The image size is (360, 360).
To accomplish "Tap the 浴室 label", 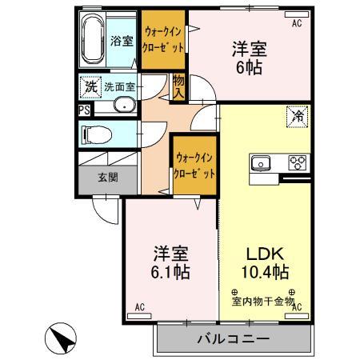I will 122,41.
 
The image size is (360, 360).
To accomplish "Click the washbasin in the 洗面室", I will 125,105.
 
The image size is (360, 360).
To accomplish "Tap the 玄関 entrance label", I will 108,177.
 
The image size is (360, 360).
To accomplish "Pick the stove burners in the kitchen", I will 297,162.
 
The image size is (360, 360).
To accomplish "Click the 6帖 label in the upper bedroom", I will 247,68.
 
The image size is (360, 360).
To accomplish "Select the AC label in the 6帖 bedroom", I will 296,24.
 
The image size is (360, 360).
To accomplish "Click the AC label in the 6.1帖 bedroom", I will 140,307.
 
